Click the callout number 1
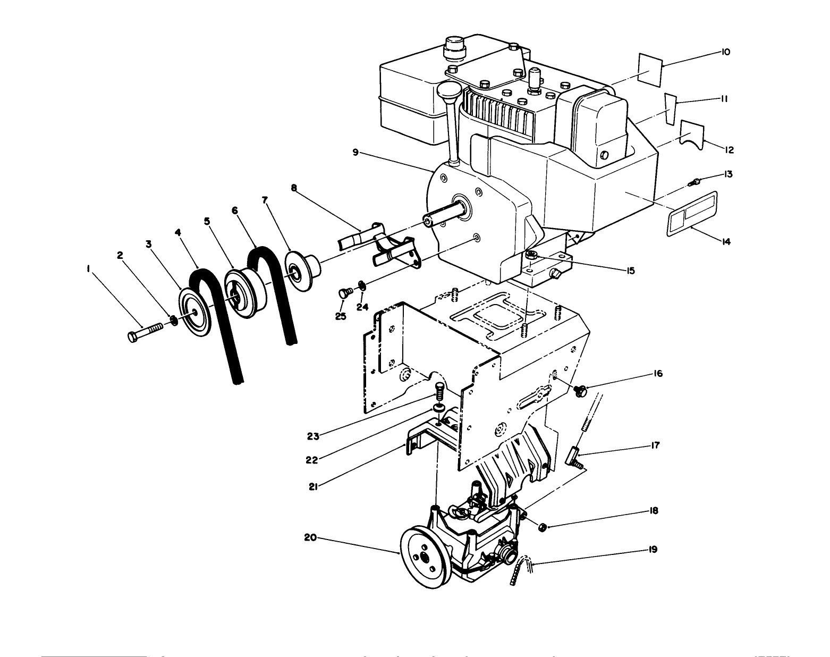[88, 269]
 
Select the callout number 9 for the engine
[355, 153]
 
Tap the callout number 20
[310, 537]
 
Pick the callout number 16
[658, 374]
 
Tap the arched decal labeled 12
[692, 133]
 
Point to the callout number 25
[341, 316]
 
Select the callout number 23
[313, 437]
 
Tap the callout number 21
[313, 486]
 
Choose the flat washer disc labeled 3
[195, 313]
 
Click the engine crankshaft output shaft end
[428, 220]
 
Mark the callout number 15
[630, 271]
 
